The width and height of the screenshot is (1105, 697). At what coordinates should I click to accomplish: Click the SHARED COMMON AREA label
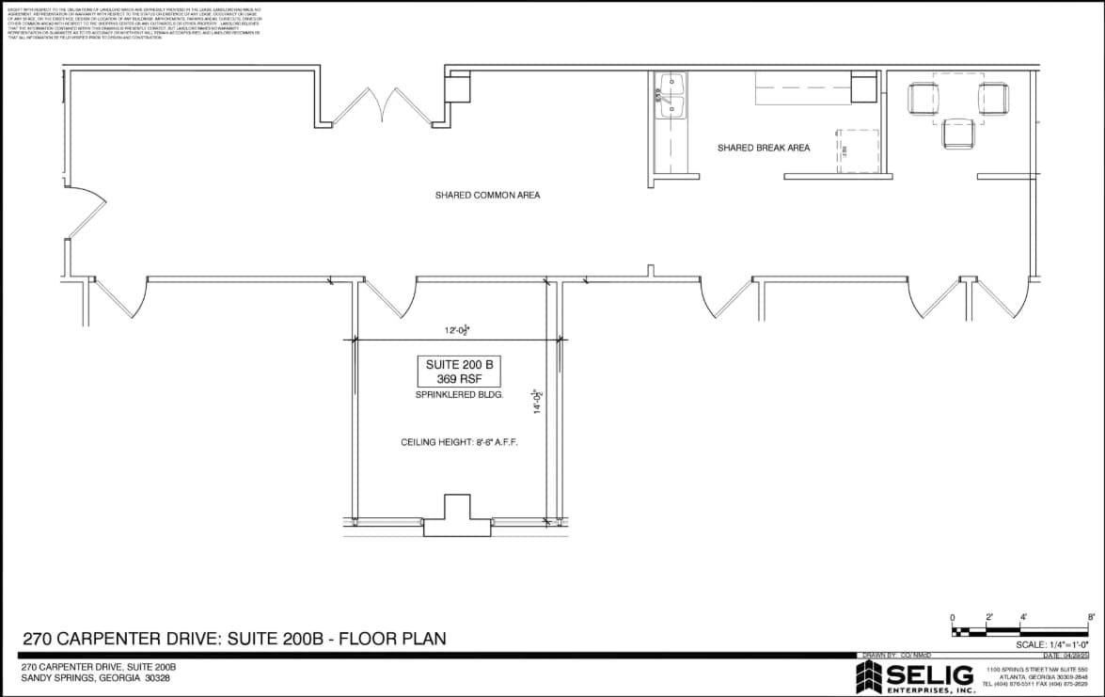coord(487,196)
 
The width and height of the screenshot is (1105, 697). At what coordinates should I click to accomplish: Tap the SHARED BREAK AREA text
coord(763,148)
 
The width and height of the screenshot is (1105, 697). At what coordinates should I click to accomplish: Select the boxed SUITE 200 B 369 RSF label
coord(459,372)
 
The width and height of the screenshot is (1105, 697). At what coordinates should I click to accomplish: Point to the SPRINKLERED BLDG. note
coord(459,395)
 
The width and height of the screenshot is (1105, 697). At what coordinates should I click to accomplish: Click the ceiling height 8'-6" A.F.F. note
coord(459,441)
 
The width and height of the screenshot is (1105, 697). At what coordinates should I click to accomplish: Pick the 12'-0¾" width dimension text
coord(457,330)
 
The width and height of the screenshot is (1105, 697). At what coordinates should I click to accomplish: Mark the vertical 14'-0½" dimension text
coord(537,402)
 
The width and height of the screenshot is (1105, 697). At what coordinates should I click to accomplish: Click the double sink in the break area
coord(672,97)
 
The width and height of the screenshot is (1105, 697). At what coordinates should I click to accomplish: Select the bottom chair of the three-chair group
coord(958,134)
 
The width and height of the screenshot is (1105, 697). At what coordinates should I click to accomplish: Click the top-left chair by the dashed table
coord(923,98)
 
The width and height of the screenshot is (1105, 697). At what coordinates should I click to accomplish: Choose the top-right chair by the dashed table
coord(993,98)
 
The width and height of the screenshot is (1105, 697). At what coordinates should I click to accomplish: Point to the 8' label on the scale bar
coord(1090,617)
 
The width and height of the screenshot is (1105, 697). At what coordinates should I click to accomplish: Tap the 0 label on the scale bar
coord(953,617)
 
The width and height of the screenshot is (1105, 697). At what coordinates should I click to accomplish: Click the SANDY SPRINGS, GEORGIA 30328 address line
coord(96,677)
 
